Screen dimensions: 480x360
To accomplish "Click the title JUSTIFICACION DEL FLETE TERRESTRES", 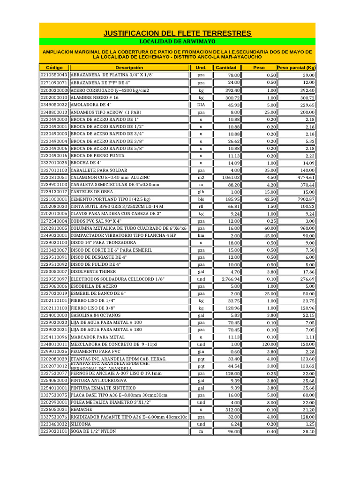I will [177, 33].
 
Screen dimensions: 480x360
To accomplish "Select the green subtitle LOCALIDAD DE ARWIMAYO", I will [177, 42].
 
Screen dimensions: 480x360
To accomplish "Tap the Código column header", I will [54, 68].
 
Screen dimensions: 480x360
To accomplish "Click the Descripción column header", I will [129, 68].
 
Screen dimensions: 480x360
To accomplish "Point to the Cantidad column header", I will [226, 68].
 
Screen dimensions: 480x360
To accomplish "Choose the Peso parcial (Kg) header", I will [296, 68].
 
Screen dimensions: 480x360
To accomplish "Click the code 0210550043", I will [54, 75].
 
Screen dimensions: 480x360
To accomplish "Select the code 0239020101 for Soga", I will [54, 431].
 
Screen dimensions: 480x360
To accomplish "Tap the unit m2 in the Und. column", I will [201, 178].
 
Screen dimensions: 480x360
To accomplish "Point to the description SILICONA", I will [81, 424].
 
